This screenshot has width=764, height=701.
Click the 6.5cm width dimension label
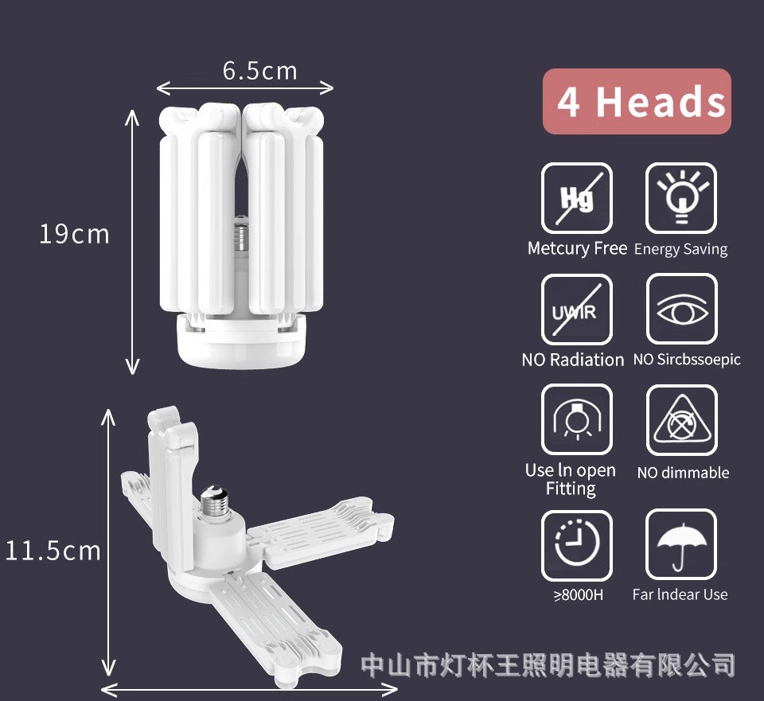click(x=259, y=71)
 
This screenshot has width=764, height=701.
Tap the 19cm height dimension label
click(x=74, y=235)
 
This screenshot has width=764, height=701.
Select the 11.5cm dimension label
click(x=53, y=551)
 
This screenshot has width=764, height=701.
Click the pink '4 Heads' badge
click(x=637, y=102)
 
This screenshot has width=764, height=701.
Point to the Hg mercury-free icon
click(x=577, y=198)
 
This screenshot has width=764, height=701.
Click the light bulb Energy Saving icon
click(x=681, y=198)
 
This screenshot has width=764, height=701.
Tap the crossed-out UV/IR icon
click(x=577, y=310)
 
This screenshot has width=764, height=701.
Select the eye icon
click(x=681, y=310)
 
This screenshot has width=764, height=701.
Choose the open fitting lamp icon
click(x=577, y=419)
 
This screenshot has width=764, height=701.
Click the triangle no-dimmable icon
click(x=681, y=419)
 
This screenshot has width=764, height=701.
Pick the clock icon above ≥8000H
click(x=577, y=545)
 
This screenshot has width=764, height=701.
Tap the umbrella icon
click(x=681, y=545)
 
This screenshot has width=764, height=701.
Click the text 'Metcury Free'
click(x=577, y=248)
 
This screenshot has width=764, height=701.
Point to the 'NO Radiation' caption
click(x=573, y=360)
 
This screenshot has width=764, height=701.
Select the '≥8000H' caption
click(x=578, y=594)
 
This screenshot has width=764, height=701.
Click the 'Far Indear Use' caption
click(x=680, y=594)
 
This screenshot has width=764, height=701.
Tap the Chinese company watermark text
click(x=548, y=664)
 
